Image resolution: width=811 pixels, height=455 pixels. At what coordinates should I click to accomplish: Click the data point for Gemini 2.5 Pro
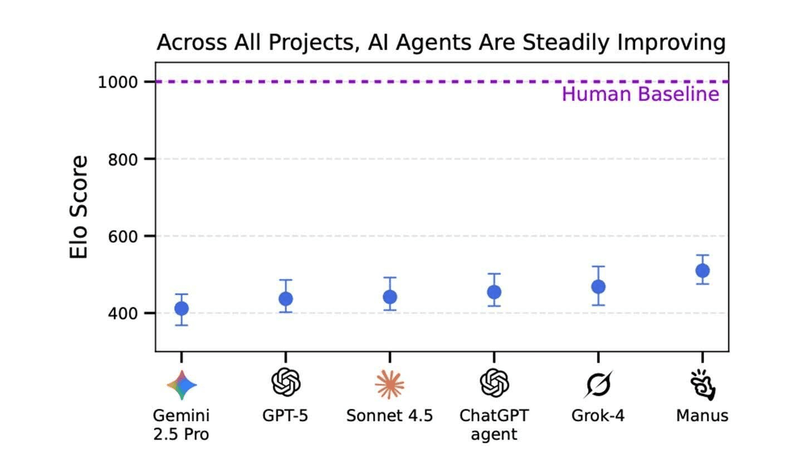click(x=182, y=308)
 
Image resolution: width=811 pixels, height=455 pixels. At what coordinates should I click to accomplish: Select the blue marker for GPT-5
click(x=286, y=299)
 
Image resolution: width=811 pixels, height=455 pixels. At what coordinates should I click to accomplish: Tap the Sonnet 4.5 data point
click(x=390, y=297)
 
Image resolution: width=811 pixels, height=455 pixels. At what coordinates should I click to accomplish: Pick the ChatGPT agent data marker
click(x=494, y=292)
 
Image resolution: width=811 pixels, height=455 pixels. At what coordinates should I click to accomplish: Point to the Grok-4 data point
click(x=598, y=287)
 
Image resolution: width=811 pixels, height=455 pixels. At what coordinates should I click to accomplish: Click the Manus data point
click(x=702, y=270)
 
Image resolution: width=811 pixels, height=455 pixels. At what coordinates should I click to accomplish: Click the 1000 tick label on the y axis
click(x=118, y=82)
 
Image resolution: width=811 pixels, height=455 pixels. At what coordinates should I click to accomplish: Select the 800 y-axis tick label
click(x=123, y=159)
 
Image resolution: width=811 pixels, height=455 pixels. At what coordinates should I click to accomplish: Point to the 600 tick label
click(x=123, y=236)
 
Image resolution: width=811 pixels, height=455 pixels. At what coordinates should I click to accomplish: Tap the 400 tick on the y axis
click(x=123, y=313)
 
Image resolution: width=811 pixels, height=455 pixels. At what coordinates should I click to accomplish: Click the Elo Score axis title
click(x=79, y=207)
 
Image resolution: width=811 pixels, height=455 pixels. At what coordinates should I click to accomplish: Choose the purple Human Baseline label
click(x=640, y=94)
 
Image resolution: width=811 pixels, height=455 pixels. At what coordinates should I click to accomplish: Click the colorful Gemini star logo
click(x=182, y=385)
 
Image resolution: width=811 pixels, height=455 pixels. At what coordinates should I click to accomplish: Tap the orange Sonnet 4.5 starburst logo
click(x=390, y=384)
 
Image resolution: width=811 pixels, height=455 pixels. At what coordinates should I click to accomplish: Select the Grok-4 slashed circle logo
click(x=598, y=384)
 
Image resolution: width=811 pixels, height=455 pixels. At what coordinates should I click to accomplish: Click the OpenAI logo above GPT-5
click(x=286, y=383)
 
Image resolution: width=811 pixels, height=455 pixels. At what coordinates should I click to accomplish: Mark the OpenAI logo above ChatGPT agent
click(x=494, y=383)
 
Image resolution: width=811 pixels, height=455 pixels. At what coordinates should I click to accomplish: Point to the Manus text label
click(x=702, y=416)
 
